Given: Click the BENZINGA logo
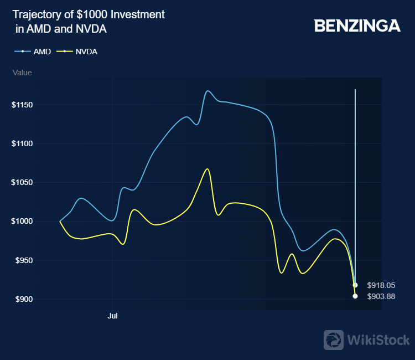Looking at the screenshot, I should pyautogui.click(x=357, y=25).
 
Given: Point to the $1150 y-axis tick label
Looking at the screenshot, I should pyautogui.click(x=22, y=105).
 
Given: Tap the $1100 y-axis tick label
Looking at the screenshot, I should pyautogui.click(x=22, y=143).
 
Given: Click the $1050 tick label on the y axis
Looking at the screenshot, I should pyautogui.click(x=22, y=182).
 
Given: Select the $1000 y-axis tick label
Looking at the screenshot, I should pyautogui.click(x=22, y=221).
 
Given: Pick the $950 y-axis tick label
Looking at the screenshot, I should pyautogui.click(x=24, y=260).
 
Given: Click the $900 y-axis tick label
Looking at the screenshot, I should pyautogui.click(x=24, y=299).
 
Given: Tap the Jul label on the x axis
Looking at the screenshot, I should pyautogui.click(x=113, y=317).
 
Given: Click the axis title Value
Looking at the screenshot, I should pyautogui.click(x=22, y=73).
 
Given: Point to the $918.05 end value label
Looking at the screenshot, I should pyautogui.click(x=381, y=285).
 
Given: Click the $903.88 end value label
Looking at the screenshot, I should pyautogui.click(x=381, y=296).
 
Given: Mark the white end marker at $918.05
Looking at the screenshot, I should pyautogui.click(x=355, y=285).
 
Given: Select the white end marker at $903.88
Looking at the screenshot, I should pyautogui.click(x=355, y=296).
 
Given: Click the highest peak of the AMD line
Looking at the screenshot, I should pyautogui.click(x=208, y=91).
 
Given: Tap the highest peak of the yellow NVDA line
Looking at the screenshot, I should pyautogui.click(x=207, y=169).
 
